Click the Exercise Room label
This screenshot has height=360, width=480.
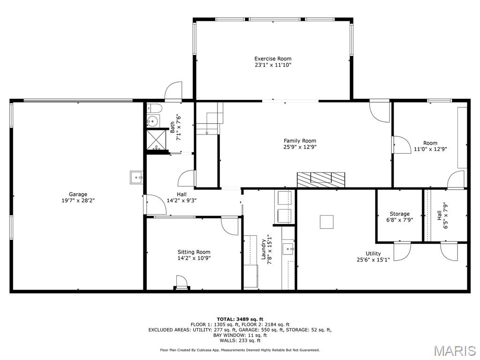270,59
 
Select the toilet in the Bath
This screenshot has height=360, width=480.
154,109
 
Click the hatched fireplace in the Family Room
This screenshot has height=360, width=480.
321,179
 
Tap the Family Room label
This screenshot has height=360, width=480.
300,141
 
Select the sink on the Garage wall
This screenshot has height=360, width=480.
136,177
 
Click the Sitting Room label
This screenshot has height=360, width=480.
194,252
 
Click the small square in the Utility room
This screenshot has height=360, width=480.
327,222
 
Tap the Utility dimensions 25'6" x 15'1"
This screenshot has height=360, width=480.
373,259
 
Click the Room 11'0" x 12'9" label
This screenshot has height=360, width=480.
430,143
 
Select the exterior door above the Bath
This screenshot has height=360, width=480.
173,92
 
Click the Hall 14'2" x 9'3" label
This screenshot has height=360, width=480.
181,194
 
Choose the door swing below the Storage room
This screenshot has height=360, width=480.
402,252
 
